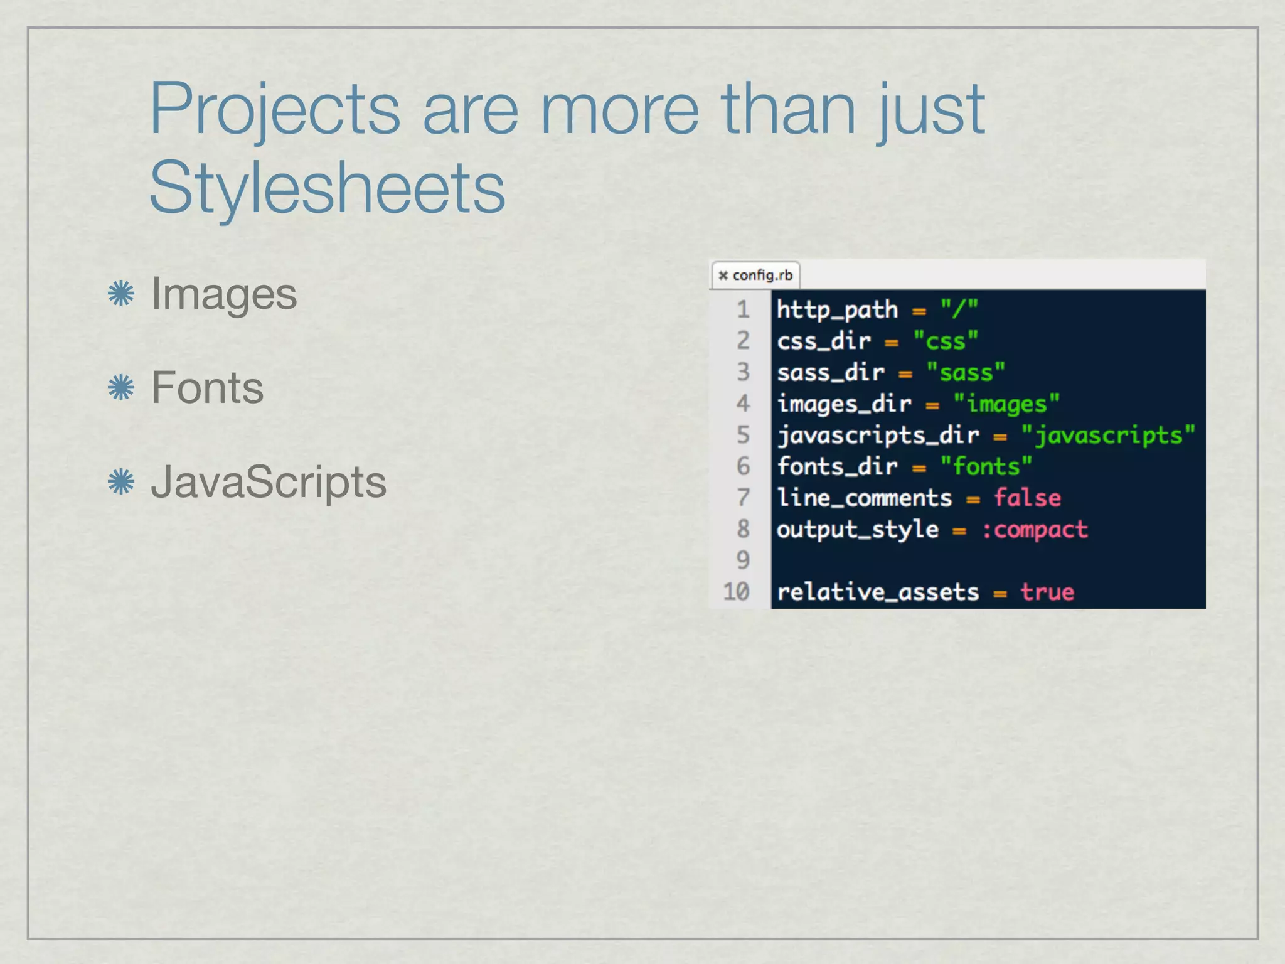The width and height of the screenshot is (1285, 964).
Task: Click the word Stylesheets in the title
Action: click(327, 187)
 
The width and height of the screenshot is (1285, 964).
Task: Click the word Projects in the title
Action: click(274, 109)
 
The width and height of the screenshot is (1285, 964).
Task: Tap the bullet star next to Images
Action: click(121, 293)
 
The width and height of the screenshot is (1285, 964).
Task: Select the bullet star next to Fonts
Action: click(121, 387)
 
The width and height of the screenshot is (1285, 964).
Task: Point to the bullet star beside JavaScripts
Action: click(121, 481)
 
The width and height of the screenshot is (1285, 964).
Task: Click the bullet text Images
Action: click(224, 293)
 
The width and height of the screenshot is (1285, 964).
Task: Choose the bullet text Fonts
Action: click(207, 387)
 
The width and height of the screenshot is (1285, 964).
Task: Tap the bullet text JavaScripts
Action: click(269, 481)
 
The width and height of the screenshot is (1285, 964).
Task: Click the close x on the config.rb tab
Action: click(723, 275)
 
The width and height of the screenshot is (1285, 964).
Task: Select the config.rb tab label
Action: click(762, 275)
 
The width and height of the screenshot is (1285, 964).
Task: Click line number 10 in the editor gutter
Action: click(737, 591)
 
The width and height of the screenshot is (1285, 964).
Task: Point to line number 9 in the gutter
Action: click(743, 560)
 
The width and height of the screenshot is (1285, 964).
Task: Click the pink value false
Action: click(1027, 498)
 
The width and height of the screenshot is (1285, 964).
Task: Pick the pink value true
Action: click(1047, 592)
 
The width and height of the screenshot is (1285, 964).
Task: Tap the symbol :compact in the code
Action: click(1034, 530)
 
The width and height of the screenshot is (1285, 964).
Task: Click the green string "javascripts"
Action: click(1108, 435)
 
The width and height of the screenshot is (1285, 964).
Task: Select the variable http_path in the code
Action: click(837, 309)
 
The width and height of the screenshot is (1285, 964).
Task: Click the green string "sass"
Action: click(966, 372)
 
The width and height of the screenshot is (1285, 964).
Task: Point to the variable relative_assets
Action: click(878, 592)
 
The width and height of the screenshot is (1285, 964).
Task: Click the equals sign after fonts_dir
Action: click(919, 468)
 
